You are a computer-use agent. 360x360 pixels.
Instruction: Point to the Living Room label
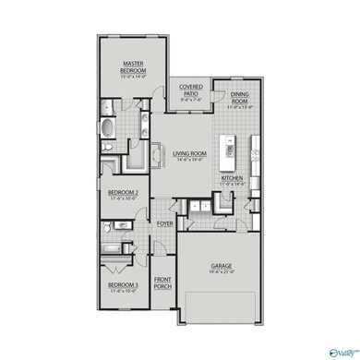tap(188, 153)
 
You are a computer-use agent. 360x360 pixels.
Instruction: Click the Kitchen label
tap(232, 179)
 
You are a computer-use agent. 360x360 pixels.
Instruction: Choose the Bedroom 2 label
tap(123, 193)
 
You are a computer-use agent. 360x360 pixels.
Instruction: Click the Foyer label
tap(165, 223)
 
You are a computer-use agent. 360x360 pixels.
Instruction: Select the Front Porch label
tap(163, 284)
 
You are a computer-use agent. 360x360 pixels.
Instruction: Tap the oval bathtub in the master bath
tap(109, 127)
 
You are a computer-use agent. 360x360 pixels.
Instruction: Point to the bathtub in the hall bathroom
tap(109, 246)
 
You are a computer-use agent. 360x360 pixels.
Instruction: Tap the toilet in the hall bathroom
tap(107, 227)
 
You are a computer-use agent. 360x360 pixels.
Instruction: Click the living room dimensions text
tap(188, 160)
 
